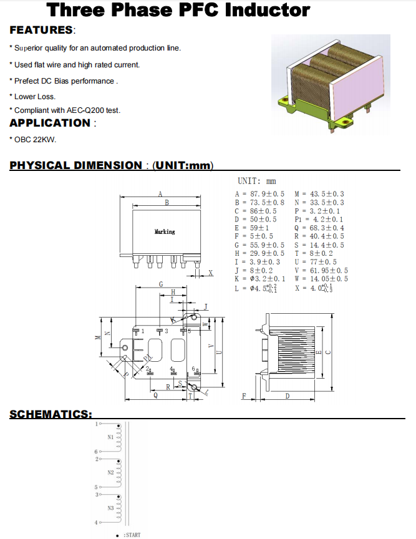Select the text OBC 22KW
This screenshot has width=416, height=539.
(x=36, y=139)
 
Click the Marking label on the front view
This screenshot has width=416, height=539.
(x=165, y=232)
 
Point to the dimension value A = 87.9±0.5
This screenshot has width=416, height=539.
(x=259, y=195)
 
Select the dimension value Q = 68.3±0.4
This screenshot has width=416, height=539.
(x=318, y=228)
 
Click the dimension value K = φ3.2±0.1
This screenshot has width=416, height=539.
(x=260, y=279)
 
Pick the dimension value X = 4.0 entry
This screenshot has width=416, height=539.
(x=314, y=288)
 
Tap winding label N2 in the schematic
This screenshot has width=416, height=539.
(x=110, y=473)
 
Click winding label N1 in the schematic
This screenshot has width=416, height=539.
(x=110, y=437)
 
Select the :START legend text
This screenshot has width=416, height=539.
(x=132, y=535)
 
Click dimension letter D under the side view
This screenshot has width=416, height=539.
(x=287, y=396)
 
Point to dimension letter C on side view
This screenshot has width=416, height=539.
(x=329, y=351)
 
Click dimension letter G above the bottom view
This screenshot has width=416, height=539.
(x=161, y=284)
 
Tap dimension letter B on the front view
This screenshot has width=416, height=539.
(x=167, y=203)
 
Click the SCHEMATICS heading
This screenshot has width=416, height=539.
(x=51, y=414)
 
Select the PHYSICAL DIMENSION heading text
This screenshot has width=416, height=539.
(x=75, y=165)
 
